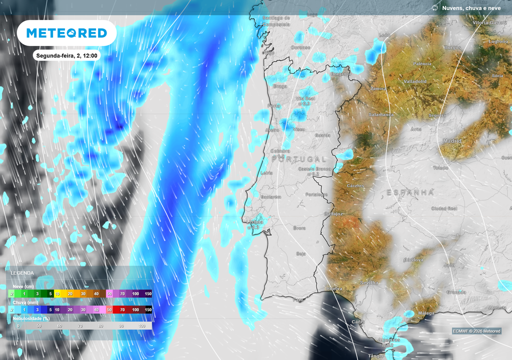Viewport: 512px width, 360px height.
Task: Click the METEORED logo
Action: (x=66, y=33)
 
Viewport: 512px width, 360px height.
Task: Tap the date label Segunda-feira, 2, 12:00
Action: (x=66, y=55)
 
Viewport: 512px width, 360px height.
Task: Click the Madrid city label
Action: (x=452, y=141)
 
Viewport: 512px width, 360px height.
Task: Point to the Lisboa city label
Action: (x=255, y=222)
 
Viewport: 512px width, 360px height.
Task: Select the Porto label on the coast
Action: (x=274, y=106)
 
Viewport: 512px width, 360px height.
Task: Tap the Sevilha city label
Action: (x=369, y=283)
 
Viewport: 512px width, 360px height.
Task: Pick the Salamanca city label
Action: (x=381, y=114)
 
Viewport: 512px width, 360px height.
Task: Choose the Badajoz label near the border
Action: (x=333, y=213)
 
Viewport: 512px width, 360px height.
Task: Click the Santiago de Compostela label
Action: (x=276, y=21)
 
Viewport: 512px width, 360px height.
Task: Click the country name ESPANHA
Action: (x=410, y=192)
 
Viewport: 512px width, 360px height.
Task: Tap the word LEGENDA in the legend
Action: (x=22, y=273)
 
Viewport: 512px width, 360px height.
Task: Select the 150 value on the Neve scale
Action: (x=148, y=294)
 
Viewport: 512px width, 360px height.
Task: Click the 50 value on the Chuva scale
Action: (x=109, y=310)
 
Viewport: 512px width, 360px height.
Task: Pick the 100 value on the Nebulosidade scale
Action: (x=142, y=325)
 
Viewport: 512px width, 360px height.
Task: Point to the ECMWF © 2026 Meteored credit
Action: (x=476, y=331)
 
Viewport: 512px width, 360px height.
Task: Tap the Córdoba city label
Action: (x=413, y=260)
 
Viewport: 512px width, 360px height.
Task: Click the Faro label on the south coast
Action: (x=298, y=300)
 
